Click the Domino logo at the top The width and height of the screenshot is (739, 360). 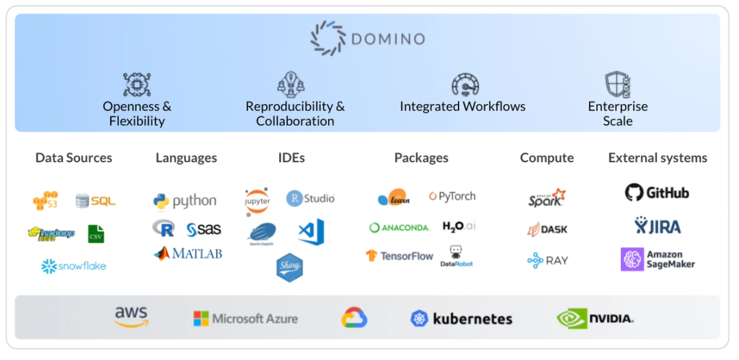tap(367, 38)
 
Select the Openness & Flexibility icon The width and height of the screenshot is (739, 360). tap(136, 84)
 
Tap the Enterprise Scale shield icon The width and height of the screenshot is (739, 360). tap(617, 84)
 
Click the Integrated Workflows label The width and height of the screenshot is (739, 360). tap(463, 106)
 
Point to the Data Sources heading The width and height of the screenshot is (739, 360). tap(73, 157)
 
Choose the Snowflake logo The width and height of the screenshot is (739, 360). tap(74, 266)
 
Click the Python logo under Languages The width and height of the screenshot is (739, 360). tap(185, 201)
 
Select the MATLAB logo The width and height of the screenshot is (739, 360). tap(187, 253)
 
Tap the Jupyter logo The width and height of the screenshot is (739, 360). tap(257, 201)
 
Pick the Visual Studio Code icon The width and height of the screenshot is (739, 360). tap(311, 232)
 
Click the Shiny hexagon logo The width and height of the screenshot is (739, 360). tap(289, 266)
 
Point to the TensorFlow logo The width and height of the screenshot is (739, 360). tap(400, 255)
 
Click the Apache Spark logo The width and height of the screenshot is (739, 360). tap(547, 198)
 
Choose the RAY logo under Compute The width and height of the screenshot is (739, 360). tap(547, 260)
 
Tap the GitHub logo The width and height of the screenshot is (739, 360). tap(657, 193)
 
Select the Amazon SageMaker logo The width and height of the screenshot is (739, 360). tap(658, 259)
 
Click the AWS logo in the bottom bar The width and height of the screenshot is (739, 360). tap(131, 317)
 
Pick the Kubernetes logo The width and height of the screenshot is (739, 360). tap(461, 318)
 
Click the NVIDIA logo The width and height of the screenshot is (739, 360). tap(595, 318)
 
